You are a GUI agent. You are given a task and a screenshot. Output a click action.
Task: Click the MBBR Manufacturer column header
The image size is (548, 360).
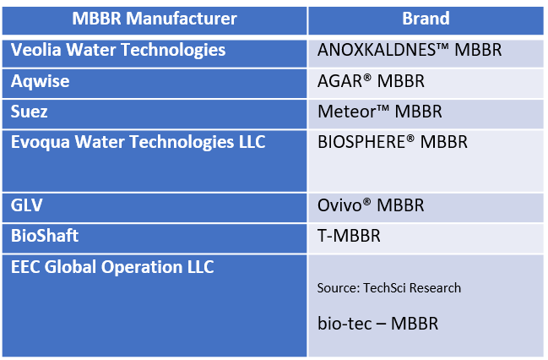tap(155, 19)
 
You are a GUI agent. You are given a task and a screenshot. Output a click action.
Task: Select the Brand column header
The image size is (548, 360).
tap(426, 19)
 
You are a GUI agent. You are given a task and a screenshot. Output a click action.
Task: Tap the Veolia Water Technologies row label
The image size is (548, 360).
tap(118, 51)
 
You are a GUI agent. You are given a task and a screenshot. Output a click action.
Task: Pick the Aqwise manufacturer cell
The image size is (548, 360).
tap(41, 81)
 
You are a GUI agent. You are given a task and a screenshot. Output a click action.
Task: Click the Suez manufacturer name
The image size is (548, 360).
tap(29, 112)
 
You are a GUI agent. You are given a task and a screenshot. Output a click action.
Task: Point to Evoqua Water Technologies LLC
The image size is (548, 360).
tap(138, 143)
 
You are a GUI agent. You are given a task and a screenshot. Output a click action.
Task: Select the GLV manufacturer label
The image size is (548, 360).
tap(26, 205)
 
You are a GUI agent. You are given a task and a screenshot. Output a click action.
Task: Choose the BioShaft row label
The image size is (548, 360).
tap(45, 236)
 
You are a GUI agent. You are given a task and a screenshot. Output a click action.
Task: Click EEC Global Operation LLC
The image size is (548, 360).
tap(112, 267)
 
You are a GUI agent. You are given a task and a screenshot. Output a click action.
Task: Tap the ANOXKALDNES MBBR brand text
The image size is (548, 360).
tap(410, 50)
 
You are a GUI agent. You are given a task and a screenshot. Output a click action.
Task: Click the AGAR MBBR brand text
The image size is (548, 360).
tap(371, 81)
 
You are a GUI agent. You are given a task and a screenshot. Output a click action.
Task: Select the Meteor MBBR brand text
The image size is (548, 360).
tap(379, 112)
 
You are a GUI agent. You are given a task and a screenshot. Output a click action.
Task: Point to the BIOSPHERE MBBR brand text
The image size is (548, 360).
tap(392, 142)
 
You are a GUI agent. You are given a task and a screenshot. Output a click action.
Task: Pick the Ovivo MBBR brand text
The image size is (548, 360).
tap(371, 205)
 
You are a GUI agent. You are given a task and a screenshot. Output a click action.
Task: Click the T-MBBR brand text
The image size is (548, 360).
tap(349, 236)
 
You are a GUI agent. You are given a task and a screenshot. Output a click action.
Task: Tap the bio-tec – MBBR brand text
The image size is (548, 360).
tap(377, 324)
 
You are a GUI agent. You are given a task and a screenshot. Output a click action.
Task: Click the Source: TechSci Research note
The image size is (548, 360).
tap(389, 288)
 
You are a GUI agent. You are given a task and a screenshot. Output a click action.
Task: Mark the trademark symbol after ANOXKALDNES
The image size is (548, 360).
tap(442, 47)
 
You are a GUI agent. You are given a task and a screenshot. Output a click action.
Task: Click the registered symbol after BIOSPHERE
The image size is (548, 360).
tap(410, 139)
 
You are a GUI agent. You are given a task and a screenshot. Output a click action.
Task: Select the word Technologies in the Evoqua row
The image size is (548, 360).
tap(182, 143)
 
